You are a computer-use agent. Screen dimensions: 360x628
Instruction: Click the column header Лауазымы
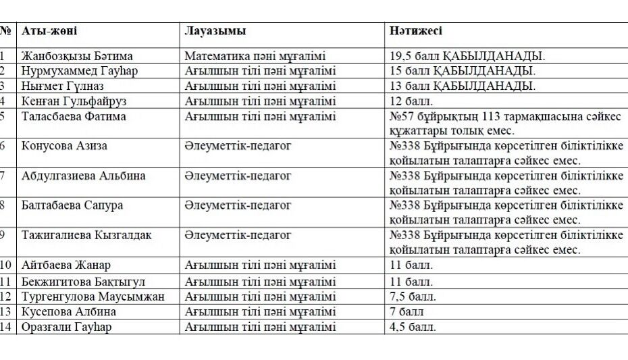[x=215, y=31]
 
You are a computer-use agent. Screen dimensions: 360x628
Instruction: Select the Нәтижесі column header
[x=416, y=31]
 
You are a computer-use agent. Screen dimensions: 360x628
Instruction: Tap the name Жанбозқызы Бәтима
[x=77, y=56]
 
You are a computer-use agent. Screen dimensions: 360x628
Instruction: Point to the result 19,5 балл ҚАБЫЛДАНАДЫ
[x=467, y=56]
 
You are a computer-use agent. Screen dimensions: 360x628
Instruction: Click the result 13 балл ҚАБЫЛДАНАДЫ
[x=463, y=86]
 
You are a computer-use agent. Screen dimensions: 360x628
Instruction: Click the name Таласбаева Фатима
[x=74, y=116]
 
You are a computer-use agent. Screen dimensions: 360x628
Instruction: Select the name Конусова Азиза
[x=64, y=146]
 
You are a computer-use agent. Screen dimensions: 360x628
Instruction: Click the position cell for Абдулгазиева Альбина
[x=238, y=176]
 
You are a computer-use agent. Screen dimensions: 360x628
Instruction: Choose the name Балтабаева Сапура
[x=72, y=205]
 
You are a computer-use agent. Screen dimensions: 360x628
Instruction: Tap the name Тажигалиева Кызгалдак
[x=86, y=235]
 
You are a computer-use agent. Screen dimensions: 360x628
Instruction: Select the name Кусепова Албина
[x=69, y=311]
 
